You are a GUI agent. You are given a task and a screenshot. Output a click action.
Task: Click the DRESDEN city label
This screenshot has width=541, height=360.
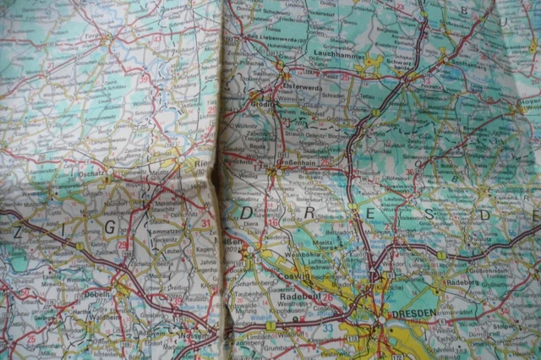413,312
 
